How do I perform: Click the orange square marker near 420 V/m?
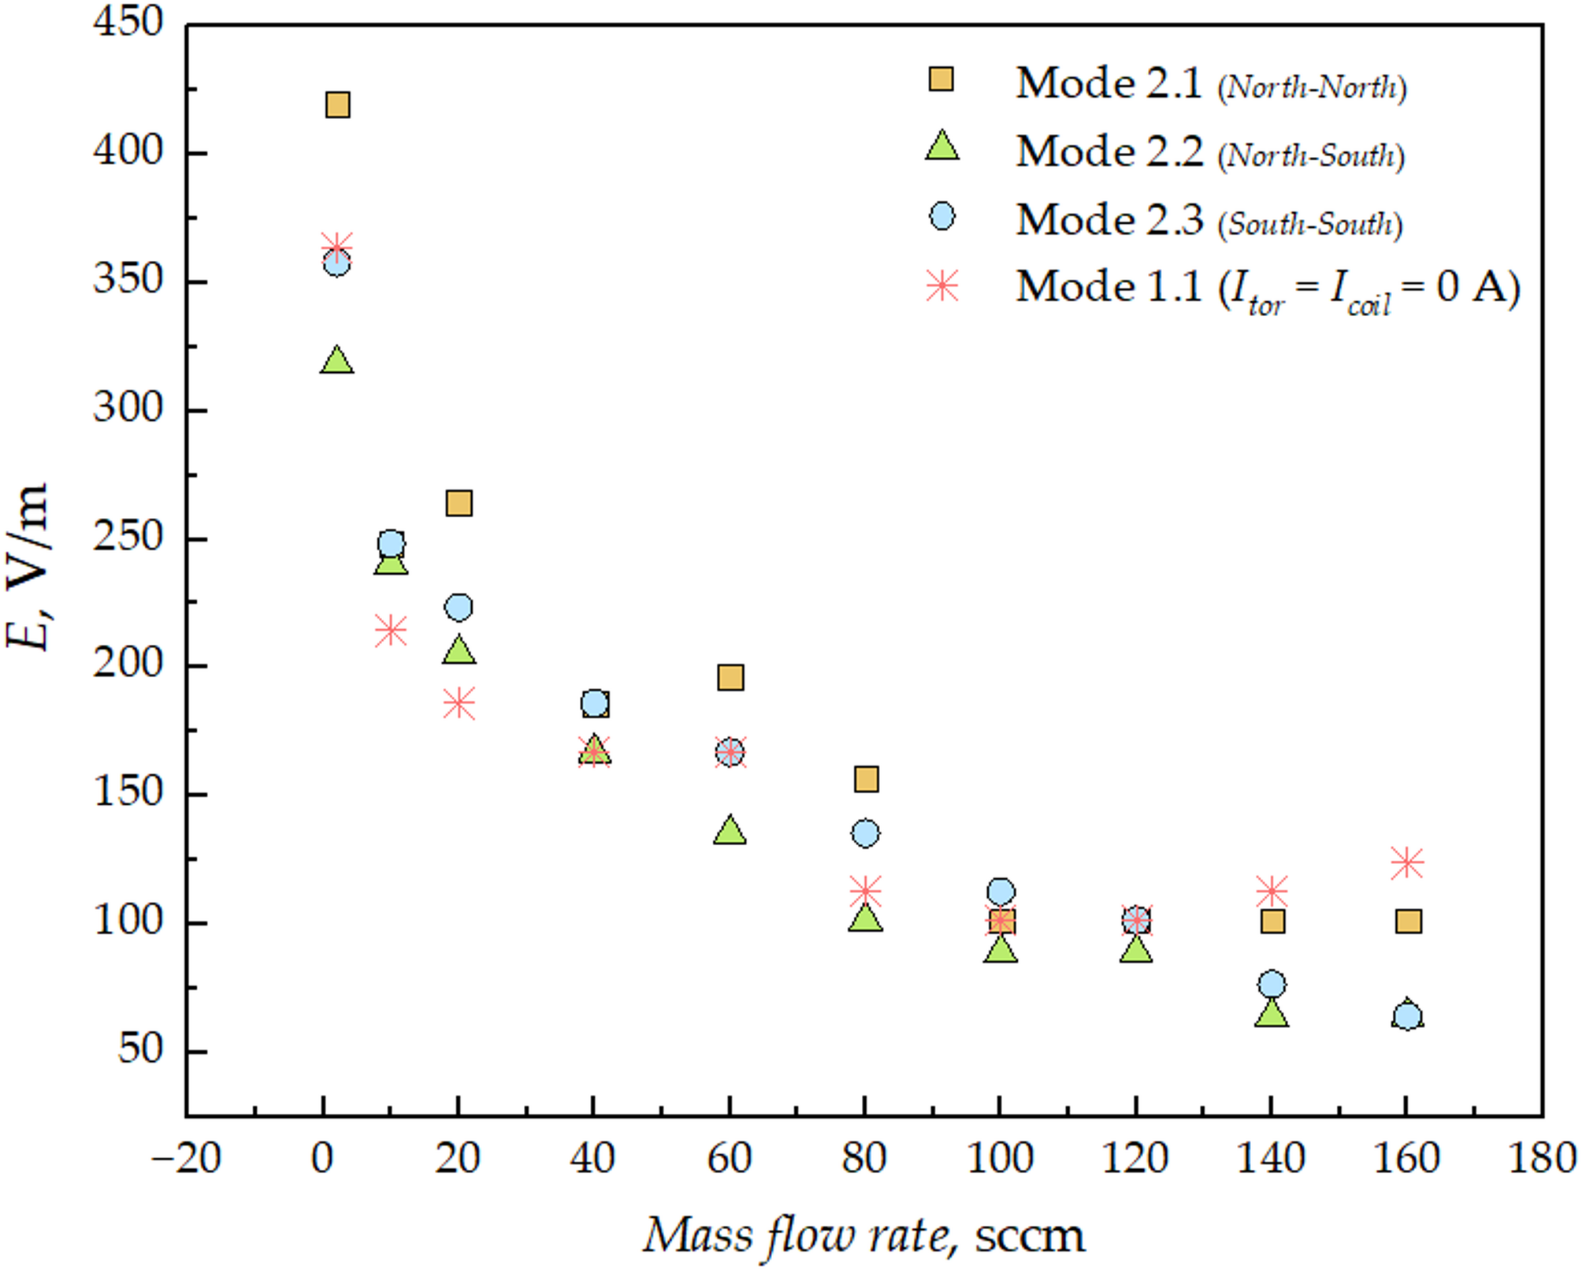(337, 105)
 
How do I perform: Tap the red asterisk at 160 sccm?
(1406, 862)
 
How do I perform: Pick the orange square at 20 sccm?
(459, 503)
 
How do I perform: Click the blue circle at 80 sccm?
(865, 833)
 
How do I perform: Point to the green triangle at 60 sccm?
(730, 831)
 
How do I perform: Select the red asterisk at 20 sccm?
(459, 702)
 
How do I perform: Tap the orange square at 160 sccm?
(1408, 921)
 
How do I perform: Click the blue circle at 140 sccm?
(1272, 984)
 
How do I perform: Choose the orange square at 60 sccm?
(730, 677)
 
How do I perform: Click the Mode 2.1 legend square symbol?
(941, 80)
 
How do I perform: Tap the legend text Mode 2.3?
(1109, 219)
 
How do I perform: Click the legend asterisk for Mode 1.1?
(942, 285)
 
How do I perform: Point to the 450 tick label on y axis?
(128, 22)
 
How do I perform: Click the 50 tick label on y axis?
(140, 1049)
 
